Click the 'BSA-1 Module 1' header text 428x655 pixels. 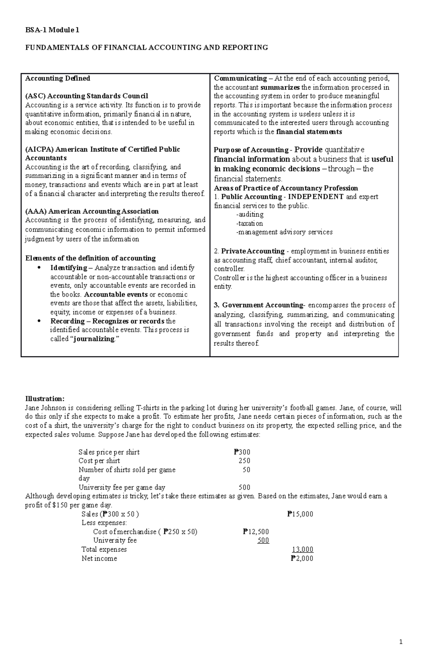52,30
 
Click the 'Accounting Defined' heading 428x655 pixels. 57,79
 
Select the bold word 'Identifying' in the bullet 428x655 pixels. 68,268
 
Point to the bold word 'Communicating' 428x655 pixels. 240,79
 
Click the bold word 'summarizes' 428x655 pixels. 280,87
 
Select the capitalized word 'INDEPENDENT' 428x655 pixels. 316,197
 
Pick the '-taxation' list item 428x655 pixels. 249,223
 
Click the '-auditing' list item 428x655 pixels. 250,215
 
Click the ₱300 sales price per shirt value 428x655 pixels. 242,452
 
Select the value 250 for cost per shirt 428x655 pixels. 244,461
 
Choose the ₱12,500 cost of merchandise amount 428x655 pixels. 256,532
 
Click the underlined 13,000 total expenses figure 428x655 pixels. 302,550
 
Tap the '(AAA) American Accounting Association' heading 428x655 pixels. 92,212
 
